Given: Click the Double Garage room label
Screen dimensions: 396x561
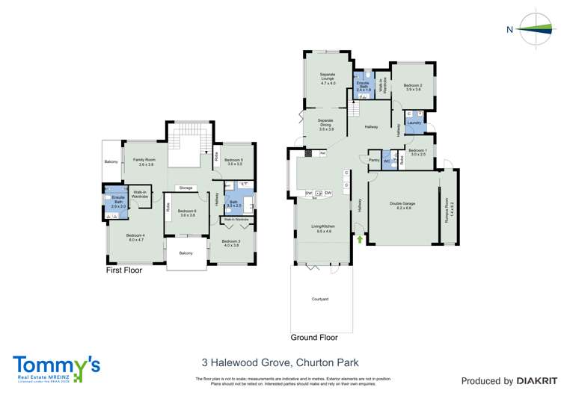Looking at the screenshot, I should [x=402, y=204].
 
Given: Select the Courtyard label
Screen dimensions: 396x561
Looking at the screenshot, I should [x=320, y=299].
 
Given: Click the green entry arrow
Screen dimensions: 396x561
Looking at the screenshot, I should [x=359, y=239].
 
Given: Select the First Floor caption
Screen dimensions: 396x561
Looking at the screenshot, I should [x=123, y=270].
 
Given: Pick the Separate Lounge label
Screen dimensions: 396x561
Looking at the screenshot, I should [x=326, y=76].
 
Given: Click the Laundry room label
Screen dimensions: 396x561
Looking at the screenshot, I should [x=414, y=123].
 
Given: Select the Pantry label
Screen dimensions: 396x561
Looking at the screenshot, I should [x=373, y=160].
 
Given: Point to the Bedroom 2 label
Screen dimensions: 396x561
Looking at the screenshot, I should [x=413, y=87].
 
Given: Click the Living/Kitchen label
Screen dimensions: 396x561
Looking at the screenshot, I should [x=323, y=228].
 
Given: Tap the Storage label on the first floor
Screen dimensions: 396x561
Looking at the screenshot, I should [x=186, y=188].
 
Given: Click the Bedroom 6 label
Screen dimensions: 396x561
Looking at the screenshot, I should [x=187, y=212].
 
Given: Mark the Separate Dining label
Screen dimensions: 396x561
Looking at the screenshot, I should [x=325, y=124].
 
